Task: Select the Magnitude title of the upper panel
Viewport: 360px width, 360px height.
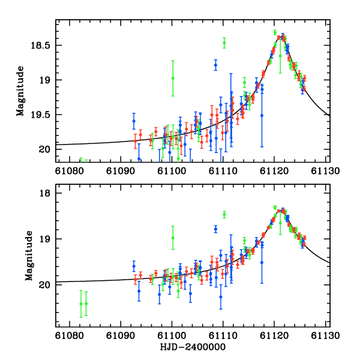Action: pos(20,91)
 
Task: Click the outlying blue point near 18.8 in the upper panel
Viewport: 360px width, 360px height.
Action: pos(215,65)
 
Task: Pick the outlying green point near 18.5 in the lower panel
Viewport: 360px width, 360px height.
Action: pos(224,214)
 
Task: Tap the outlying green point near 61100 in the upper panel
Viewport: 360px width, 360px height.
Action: pos(173,78)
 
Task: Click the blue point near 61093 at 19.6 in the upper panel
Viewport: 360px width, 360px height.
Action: pos(134,121)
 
